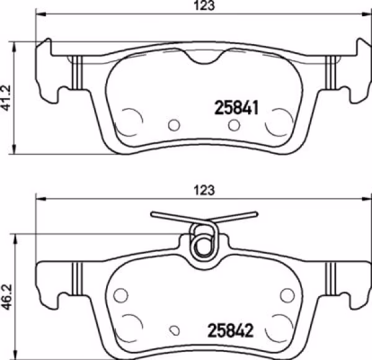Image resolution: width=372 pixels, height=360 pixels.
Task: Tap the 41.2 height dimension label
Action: (7, 98)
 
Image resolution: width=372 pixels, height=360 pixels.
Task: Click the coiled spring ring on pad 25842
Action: (202, 243)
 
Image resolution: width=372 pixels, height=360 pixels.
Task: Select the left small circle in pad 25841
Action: (174, 125)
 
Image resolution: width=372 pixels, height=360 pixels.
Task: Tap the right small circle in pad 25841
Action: (234, 125)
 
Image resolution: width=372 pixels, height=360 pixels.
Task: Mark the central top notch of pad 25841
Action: (204, 58)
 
